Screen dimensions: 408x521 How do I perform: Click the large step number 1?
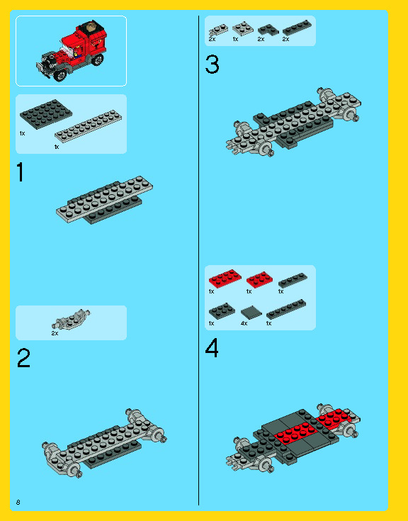tap(21, 172)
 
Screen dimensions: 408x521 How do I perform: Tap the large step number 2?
tap(23, 357)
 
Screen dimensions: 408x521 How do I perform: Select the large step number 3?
tap(212, 64)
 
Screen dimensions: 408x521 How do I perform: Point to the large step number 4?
tap(212, 347)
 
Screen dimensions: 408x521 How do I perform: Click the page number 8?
tap(18, 502)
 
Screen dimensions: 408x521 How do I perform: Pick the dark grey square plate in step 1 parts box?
tap(46, 114)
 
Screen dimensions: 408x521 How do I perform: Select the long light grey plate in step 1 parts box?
tap(89, 126)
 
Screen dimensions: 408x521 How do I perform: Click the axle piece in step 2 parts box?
tap(71, 319)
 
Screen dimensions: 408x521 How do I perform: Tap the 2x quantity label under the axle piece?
tap(55, 333)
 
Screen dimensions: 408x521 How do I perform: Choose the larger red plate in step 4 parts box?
tap(225, 278)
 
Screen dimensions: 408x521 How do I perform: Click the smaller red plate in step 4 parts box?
tap(260, 279)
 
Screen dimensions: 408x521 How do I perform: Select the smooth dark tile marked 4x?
tap(251, 313)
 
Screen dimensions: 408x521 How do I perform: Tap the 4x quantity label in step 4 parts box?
tap(244, 323)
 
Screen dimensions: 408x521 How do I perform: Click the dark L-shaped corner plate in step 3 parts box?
tap(268, 29)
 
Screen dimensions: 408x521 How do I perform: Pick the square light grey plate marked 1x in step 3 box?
tap(243, 28)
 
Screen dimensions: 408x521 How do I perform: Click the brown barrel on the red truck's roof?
tap(91, 27)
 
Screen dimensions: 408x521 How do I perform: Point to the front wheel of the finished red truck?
tap(59, 75)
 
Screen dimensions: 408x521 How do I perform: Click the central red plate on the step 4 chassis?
tap(295, 433)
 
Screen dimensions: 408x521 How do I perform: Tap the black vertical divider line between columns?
tap(198, 260)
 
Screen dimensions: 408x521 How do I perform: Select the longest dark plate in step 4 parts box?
tap(286, 309)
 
